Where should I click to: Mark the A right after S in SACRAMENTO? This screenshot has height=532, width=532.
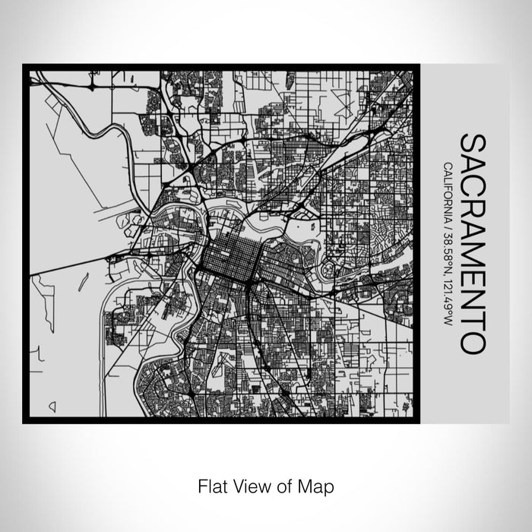point(470,165)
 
